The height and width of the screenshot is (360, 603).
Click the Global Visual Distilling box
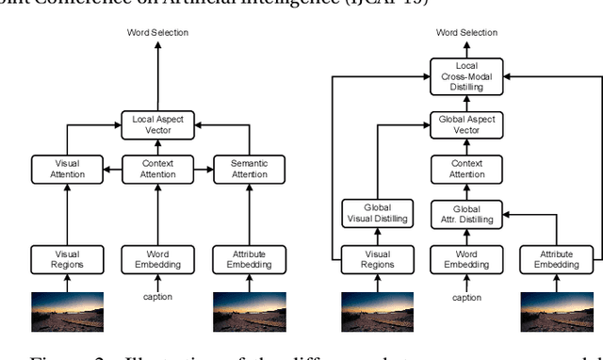pyautogui.click(x=368, y=214)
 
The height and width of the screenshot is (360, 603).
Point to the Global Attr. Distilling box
pyautogui.click(x=457, y=214)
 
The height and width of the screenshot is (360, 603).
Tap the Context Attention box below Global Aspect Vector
pyautogui.click(x=457, y=170)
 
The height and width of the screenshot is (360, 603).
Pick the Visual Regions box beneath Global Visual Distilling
pyautogui.click(x=368, y=259)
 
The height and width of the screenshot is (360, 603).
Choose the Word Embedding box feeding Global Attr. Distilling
pyautogui.click(x=457, y=259)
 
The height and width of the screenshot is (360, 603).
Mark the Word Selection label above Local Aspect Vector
pyautogui.click(x=158, y=33)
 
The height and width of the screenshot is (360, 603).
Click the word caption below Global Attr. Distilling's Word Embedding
pyautogui.click(x=457, y=298)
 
